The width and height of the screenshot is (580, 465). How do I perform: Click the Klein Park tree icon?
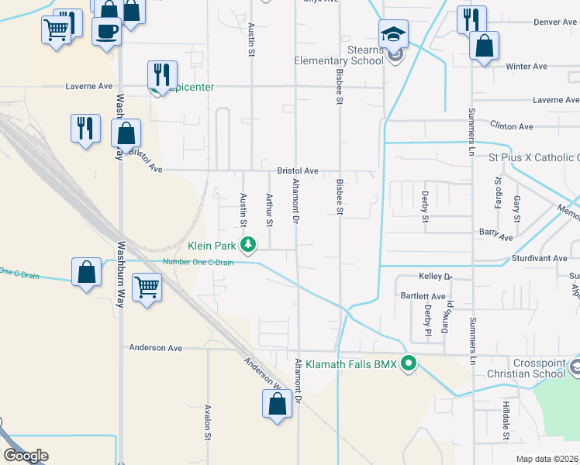point(248,245)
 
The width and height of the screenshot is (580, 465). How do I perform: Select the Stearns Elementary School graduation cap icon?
point(393,35)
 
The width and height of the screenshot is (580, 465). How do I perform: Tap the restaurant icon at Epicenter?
point(162,75)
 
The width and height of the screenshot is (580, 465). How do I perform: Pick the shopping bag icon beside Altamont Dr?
point(278,404)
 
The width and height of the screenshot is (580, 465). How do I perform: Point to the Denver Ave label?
point(554,22)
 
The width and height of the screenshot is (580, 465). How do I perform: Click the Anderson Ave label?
point(156,348)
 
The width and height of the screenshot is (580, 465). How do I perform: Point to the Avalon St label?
point(209,422)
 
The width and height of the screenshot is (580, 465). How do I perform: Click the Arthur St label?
point(270,210)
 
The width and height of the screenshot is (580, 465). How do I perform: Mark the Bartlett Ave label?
point(423,296)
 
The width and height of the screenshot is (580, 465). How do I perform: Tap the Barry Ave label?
point(496,237)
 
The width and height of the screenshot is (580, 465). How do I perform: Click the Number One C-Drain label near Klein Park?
point(198,262)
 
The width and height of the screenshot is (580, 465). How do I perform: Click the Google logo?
point(26,456)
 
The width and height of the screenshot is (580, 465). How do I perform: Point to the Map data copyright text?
point(547,459)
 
